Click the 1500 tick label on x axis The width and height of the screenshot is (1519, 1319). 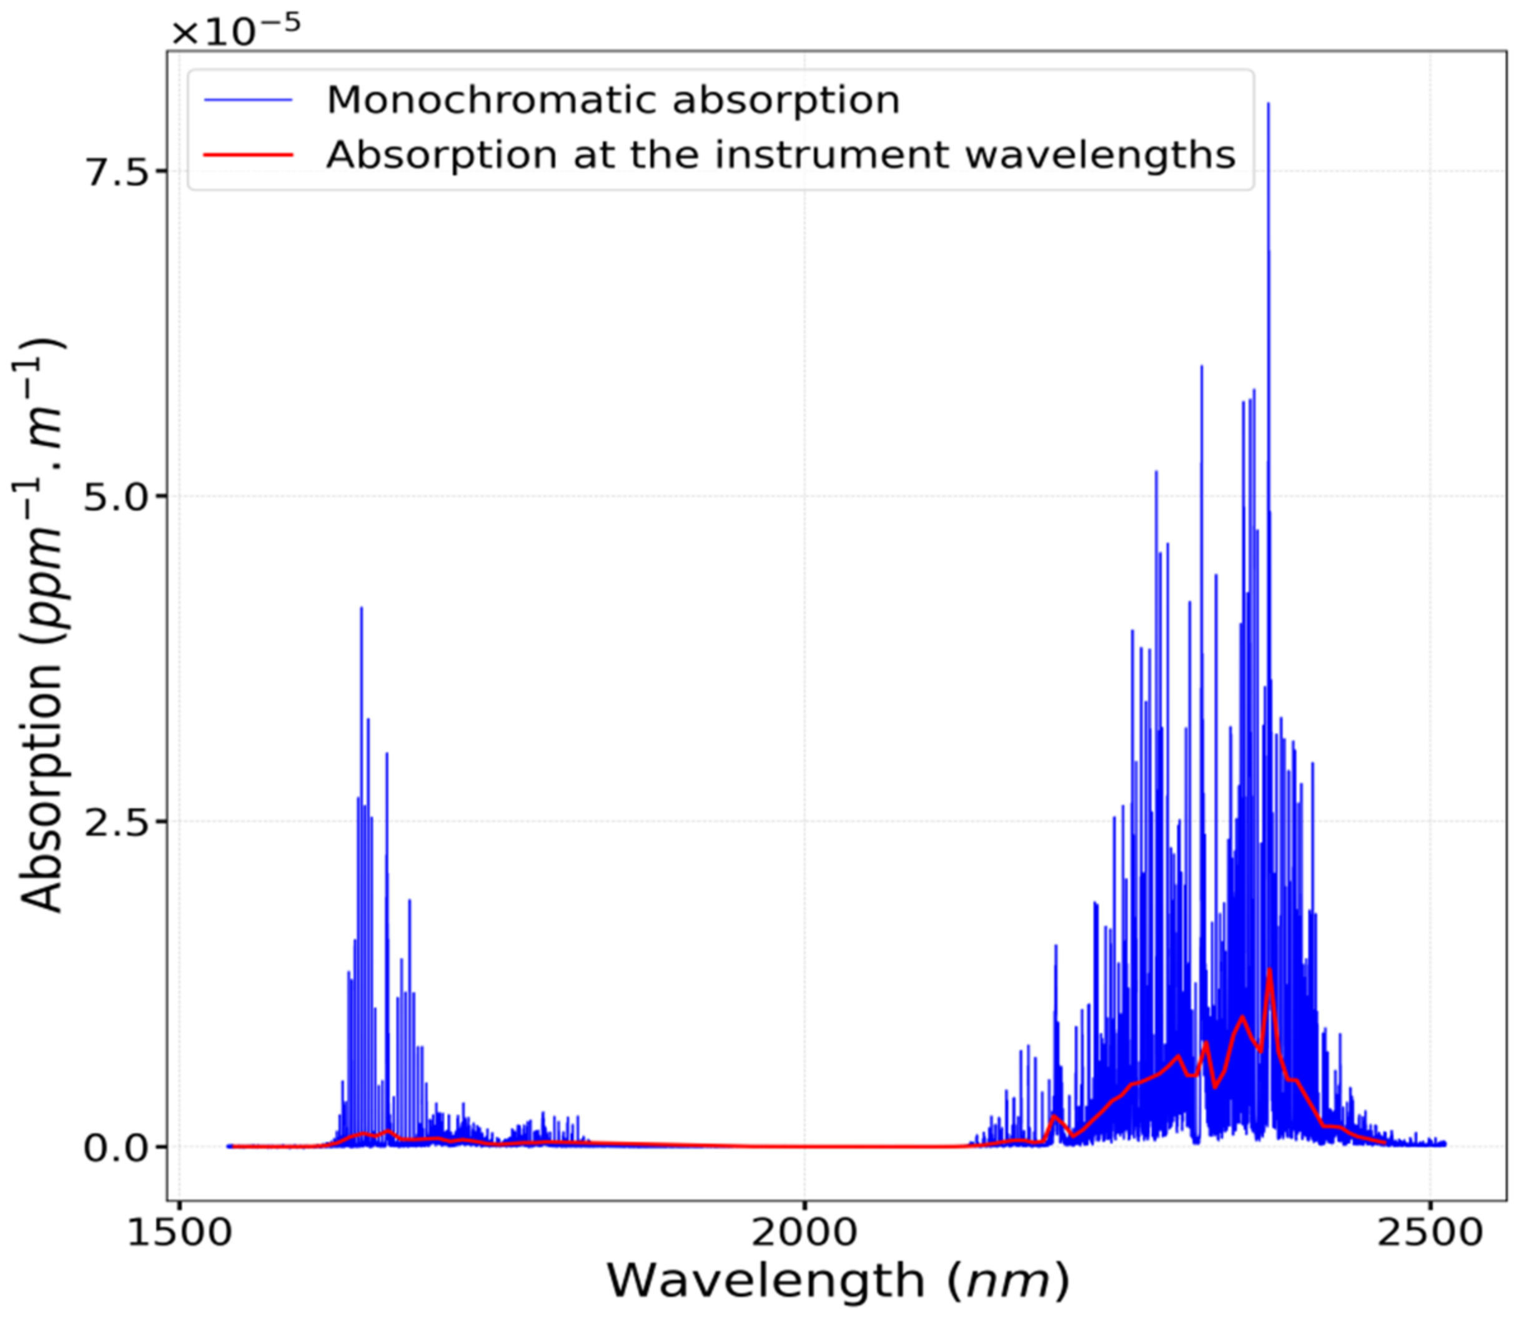[179, 1233]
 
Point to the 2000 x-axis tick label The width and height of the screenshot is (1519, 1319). [803, 1233]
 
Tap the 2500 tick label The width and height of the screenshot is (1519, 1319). [1428, 1233]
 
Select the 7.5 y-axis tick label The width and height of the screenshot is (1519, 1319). [116, 172]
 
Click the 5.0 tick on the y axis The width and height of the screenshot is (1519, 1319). [116, 498]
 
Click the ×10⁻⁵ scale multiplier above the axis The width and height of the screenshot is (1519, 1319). [235, 31]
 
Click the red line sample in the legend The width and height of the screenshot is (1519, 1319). [249, 155]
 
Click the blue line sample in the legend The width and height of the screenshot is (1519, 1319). [249, 99]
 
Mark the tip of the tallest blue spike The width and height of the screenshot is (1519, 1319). [1268, 104]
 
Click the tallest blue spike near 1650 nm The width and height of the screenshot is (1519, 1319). [362, 608]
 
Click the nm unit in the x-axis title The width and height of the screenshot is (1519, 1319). [1007, 1282]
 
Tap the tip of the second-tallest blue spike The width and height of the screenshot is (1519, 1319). [1202, 366]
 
